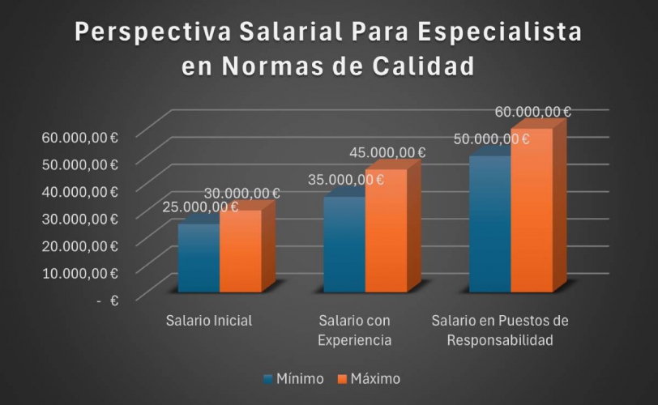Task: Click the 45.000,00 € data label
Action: [387, 152]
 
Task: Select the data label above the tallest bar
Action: [532, 112]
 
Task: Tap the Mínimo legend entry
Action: [293, 378]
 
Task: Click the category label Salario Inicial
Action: [209, 320]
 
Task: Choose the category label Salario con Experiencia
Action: [355, 330]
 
